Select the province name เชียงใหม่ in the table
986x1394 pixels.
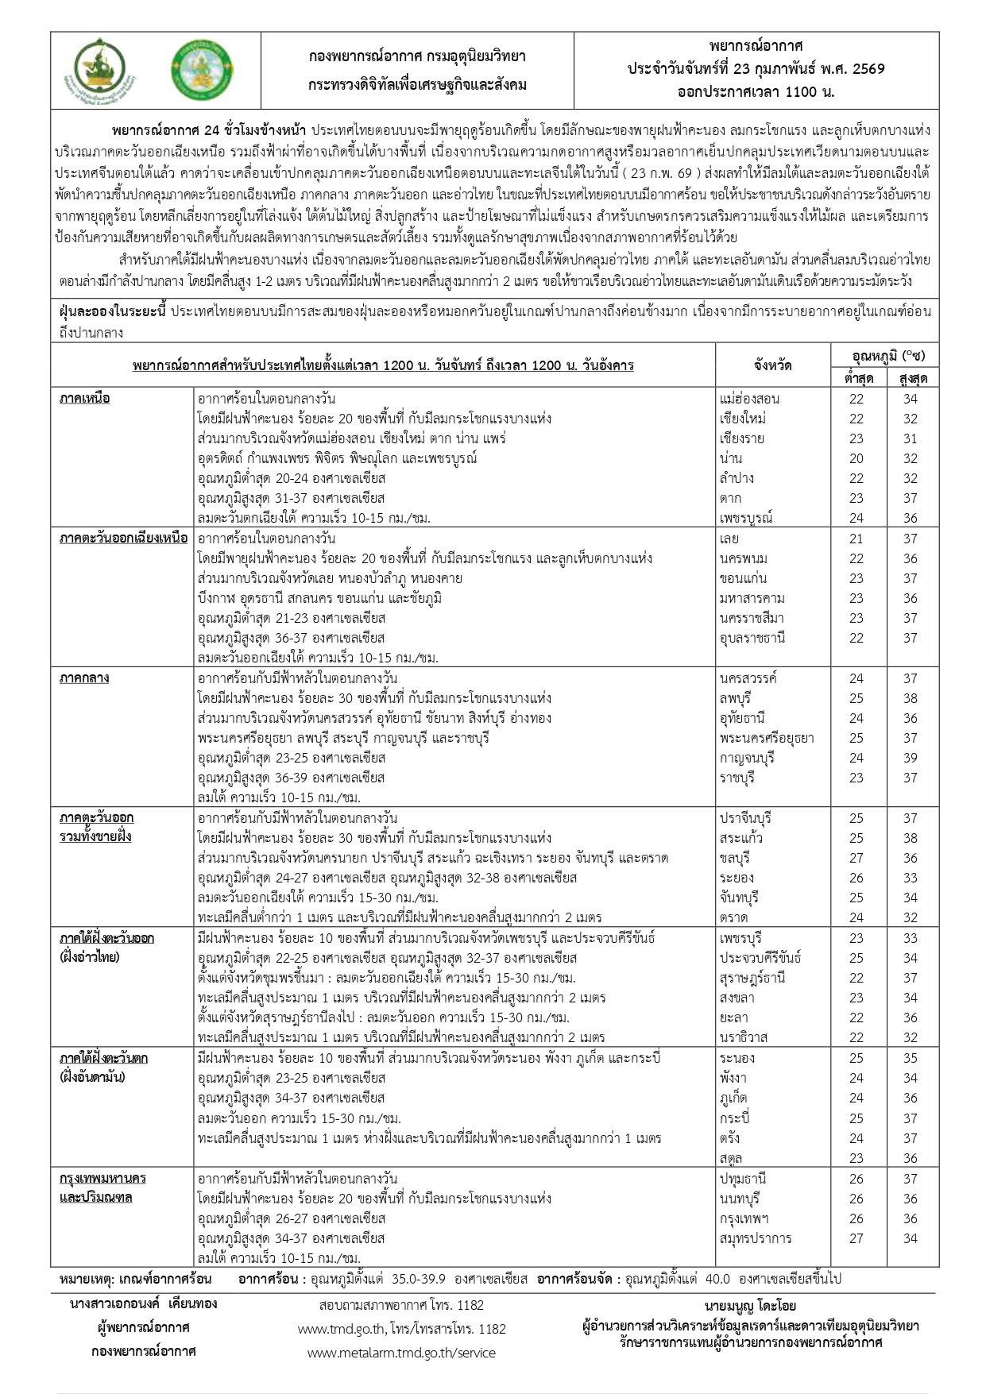coord(742,419)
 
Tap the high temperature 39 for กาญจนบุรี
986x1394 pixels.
coord(910,758)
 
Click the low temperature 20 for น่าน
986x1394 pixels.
coord(856,458)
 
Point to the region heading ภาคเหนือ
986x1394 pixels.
coord(84,399)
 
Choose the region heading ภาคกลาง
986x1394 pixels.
coord(84,678)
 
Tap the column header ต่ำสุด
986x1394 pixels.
coord(858,379)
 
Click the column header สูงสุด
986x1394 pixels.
coord(912,379)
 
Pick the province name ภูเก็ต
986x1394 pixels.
coord(733,1099)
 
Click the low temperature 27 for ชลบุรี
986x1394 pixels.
coord(856,858)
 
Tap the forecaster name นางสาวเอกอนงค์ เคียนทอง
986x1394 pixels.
coord(143,1304)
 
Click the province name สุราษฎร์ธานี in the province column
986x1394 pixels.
coord(752,978)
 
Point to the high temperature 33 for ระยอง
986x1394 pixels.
coord(910,878)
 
